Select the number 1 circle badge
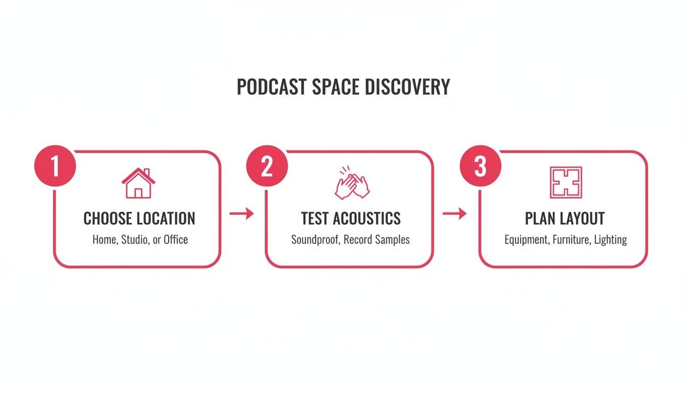click(x=55, y=167)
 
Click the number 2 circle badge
click(x=267, y=167)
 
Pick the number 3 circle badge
click(x=480, y=167)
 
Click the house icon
click(x=138, y=183)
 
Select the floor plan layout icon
click(x=565, y=183)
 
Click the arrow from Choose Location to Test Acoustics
click(x=242, y=213)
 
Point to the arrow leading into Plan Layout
click(x=454, y=213)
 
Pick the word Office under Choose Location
click(x=175, y=239)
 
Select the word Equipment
click(x=527, y=239)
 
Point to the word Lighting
click(x=610, y=239)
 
